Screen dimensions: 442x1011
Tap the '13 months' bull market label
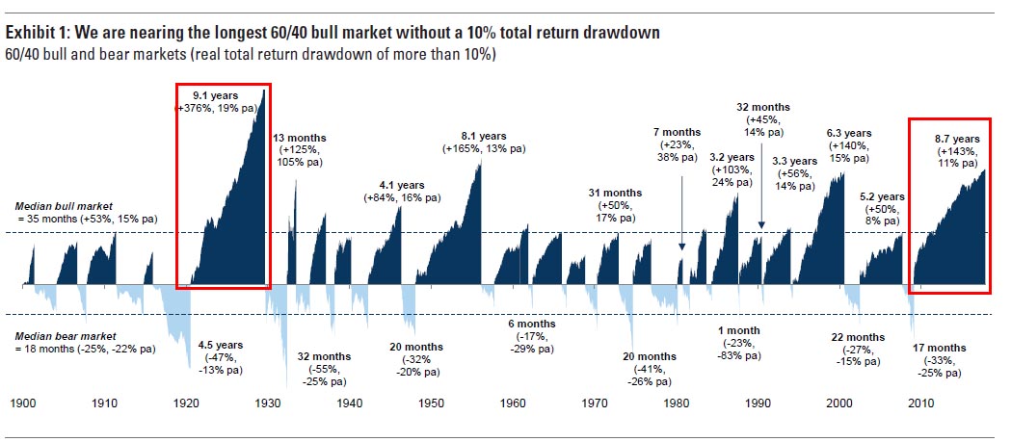(x=306, y=137)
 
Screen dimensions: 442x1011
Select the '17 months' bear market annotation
(x=939, y=348)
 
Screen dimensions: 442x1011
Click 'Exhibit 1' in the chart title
(x=37, y=33)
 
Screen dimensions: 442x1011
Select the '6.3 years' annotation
(x=848, y=132)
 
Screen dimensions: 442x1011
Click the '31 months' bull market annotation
(x=615, y=193)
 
